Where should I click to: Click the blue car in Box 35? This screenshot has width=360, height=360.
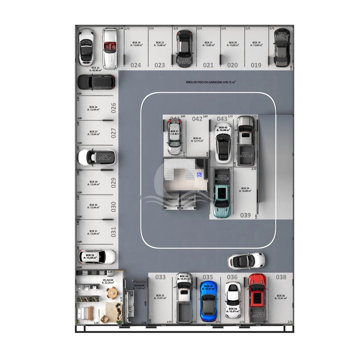pos(208,301)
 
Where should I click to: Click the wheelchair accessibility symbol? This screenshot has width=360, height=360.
pos(199,175)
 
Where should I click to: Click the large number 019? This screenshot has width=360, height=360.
pos(256,65)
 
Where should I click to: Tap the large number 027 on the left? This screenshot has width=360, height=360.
pos(114,133)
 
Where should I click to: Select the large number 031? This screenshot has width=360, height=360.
pos(114,232)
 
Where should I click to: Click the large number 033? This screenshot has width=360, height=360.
pos(160,277)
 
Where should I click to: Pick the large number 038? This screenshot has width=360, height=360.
pos(281,277)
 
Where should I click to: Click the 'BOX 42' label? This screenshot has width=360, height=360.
pos(197,138)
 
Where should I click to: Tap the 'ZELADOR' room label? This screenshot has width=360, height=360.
pos(108,280)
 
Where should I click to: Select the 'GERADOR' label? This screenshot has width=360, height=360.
pos(139,286)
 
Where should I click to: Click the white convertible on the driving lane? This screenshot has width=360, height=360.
pos(246,261)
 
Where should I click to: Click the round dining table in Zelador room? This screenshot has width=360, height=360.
pos(110,292)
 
